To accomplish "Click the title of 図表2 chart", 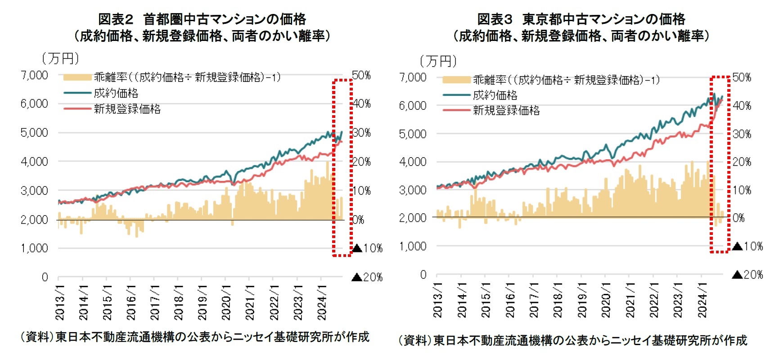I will click(x=202, y=27).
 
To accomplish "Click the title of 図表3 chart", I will click(x=581, y=27).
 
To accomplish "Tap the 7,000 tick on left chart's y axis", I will click(x=34, y=75).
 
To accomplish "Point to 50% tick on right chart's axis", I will click(x=742, y=77).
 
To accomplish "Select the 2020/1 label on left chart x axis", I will click(x=225, y=302).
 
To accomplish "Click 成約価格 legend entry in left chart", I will click(x=116, y=93).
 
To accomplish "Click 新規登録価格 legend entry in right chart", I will click(x=506, y=111).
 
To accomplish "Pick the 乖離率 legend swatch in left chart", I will click(x=77, y=77).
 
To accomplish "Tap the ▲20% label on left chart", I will click(x=367, y=277).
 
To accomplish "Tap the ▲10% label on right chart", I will click(x=747, y=246).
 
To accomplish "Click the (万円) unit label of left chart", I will click(x=60, y=58).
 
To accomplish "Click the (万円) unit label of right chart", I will click(x=438, y=61).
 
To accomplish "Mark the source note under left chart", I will click(x=194, y=337).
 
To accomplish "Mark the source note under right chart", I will click(x=572, y=340).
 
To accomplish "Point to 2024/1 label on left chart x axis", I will click(x=321, y=302).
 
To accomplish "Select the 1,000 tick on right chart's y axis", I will click(x=413, y=246).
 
